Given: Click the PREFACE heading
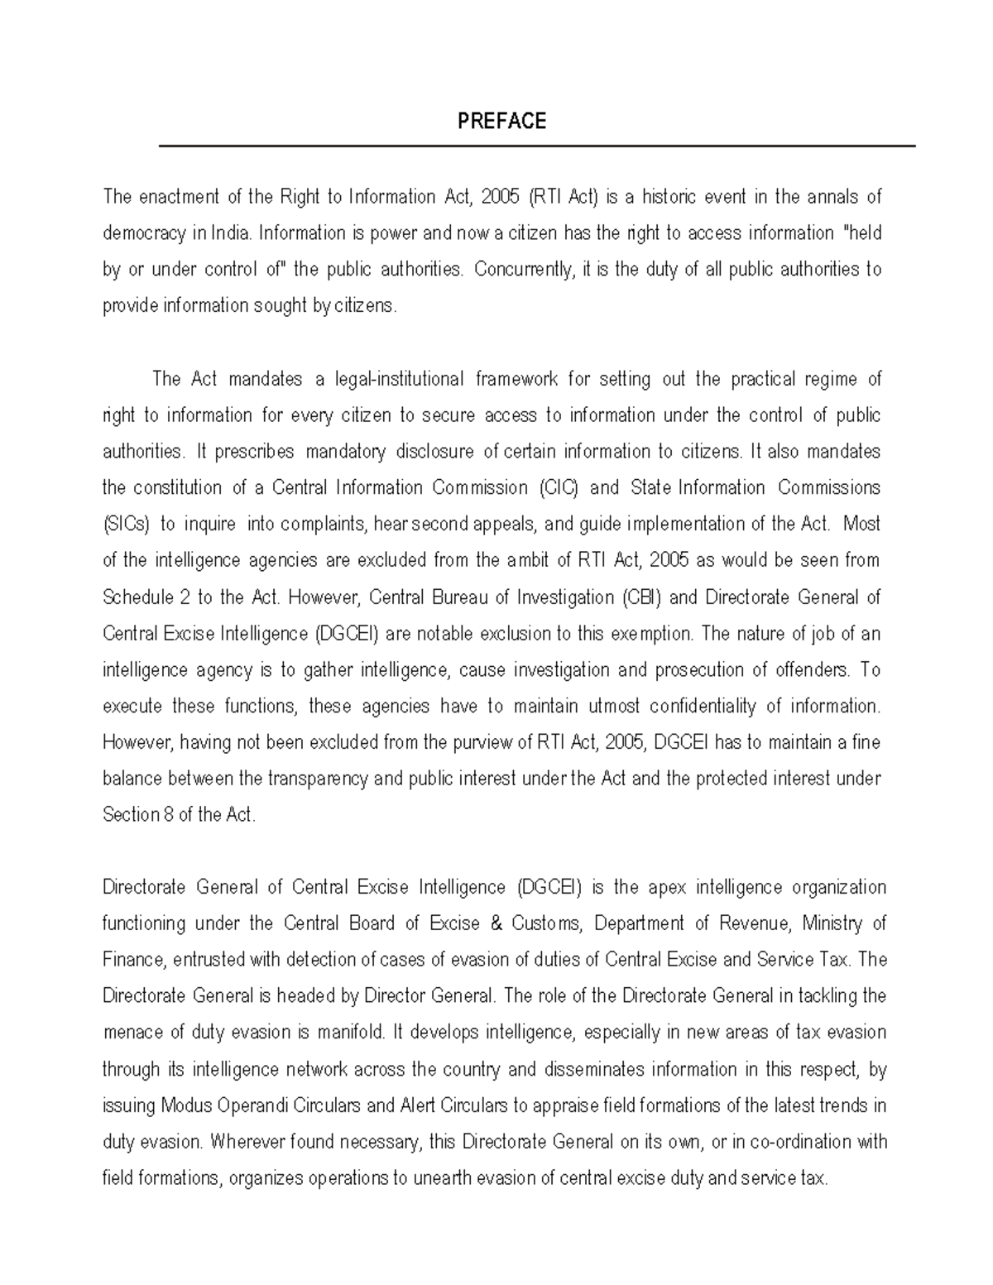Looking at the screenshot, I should tap(502, 122).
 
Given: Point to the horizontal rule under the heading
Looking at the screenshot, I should tap(536, 146).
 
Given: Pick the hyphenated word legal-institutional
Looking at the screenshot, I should tap(399, 379).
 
